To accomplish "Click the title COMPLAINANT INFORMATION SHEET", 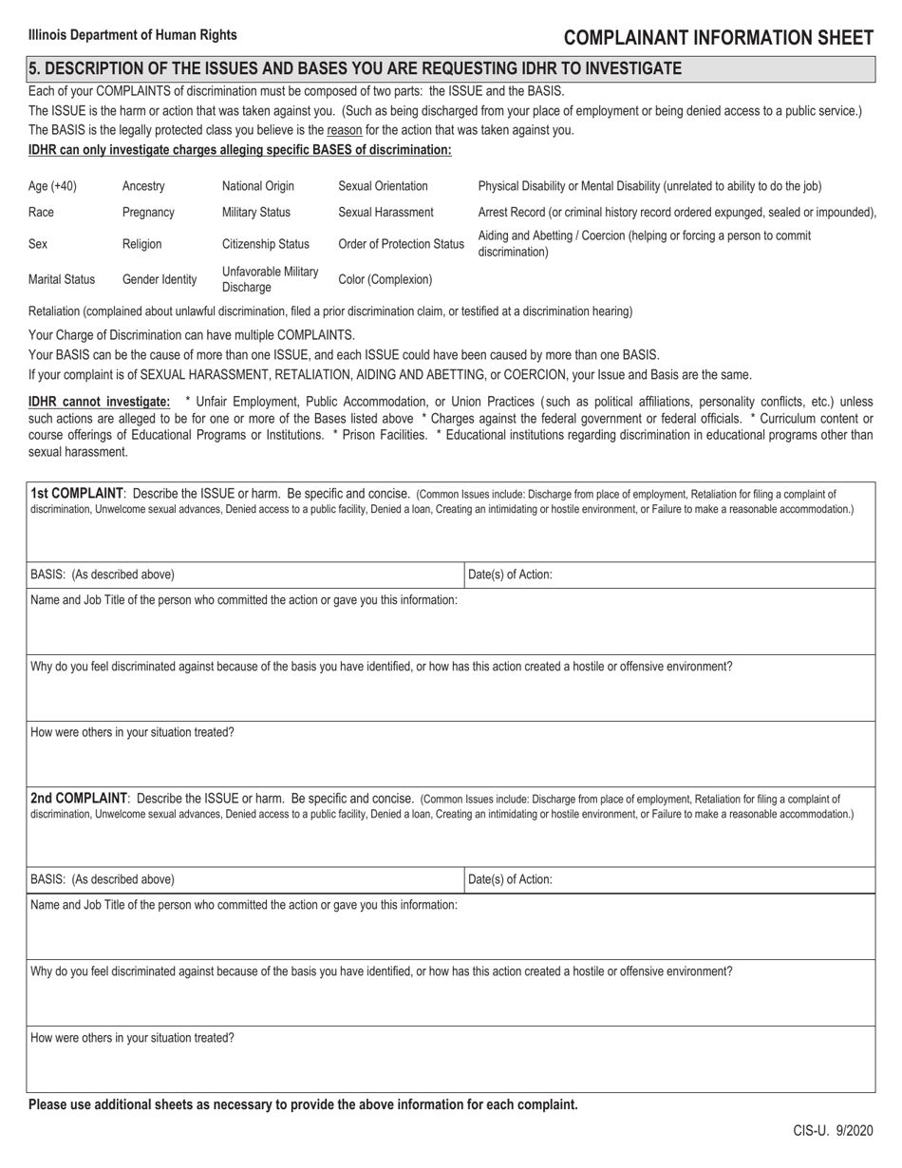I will tap(718, 38).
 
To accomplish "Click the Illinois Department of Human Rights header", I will tap(133, 35).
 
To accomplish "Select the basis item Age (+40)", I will tap(52, 186).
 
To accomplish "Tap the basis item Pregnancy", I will tap(148, 213).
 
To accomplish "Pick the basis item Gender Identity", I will tap(160, 279).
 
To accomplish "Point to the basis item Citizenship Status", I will tap(265, 244).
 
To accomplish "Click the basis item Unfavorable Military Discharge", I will tap(270, 279).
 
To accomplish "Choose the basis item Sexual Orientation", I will tap(383, 186).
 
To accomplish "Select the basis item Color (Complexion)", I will tap(385, 279).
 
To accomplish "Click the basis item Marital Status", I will tap(62, 279).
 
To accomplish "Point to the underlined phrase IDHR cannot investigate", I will tap(100, 403).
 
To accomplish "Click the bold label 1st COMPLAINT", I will tap(77, 494).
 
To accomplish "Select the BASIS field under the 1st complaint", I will tap(245, 575).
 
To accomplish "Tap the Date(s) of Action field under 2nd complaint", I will tap(669, 879).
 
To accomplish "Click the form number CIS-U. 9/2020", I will tap(833, 1131).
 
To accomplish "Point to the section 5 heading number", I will tap(34, 68).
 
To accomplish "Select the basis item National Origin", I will tap(257, 186).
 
